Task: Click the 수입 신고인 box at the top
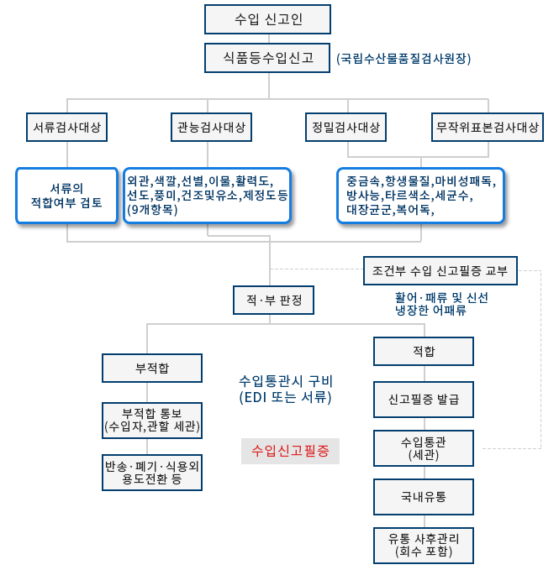point(267,18)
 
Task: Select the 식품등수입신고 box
point(267,58)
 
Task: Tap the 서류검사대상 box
point(67,128)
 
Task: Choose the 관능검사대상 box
point(211,128)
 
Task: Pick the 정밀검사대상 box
point(345,128)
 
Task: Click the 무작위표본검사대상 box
point(487,128)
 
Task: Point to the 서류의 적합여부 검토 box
point(66,195)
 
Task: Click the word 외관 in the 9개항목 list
point(139,180)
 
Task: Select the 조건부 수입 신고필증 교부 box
point(440,270)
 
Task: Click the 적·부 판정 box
point(267,299)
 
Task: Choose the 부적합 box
point(151,367)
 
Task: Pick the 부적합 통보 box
point(151,420)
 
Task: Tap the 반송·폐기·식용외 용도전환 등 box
point(151,473)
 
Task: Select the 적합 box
point(424,351)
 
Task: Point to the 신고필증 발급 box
point(424,398)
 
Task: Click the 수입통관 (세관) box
point(424,447)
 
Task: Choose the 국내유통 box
point(424,496)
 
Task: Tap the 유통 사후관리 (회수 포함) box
point(424,544)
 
